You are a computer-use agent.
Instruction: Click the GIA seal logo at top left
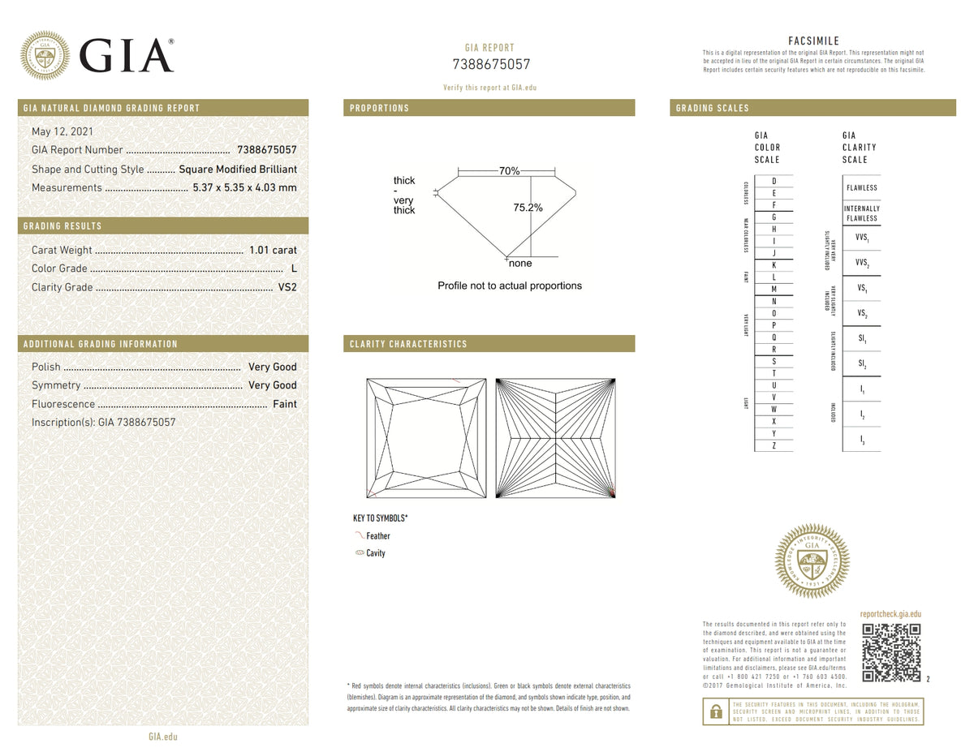point(44,55)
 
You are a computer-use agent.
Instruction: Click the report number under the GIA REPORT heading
point(490,65)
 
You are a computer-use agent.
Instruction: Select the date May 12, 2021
point(62,131)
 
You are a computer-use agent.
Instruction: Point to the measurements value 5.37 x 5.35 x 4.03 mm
point(244,187)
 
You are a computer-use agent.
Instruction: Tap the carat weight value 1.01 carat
point(273,250)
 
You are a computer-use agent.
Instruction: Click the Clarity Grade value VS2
point(287,287)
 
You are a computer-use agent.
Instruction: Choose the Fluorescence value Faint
point(284,404)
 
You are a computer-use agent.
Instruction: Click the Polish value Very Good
point(272,367)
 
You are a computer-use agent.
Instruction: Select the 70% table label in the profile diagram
point(509,171)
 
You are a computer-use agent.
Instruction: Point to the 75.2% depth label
point(528,208)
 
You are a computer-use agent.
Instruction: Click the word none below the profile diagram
point(519,264)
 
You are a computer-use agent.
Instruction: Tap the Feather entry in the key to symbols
point(377,536)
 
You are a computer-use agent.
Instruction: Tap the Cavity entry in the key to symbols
point(375,553)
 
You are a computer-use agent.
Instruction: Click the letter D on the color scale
point(774,181)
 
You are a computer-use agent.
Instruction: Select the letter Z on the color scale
point(774,446)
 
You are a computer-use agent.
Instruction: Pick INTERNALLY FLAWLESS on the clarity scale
point(861,213)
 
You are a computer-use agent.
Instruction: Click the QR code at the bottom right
point(891,653)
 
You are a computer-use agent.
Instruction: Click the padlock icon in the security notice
point(715,711)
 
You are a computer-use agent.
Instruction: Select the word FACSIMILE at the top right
point(813,41)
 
